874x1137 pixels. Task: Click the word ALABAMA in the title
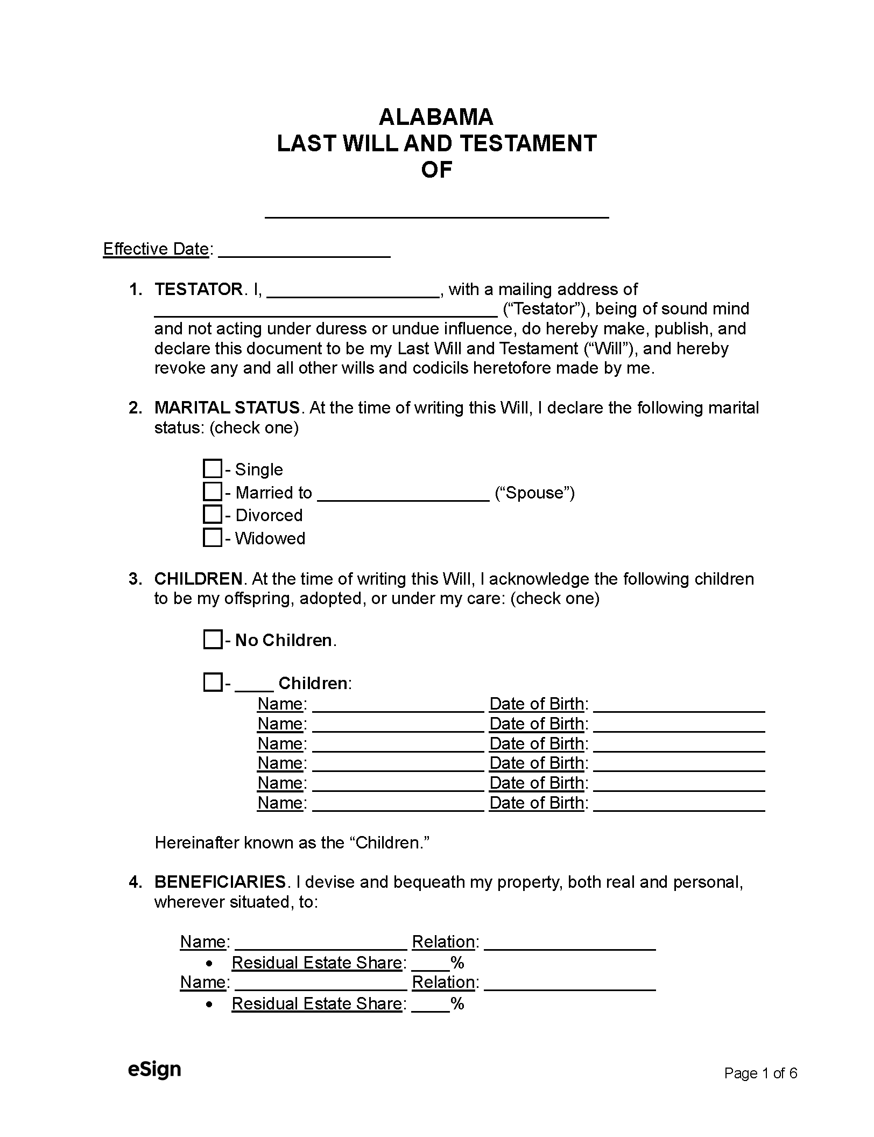click(436, 117)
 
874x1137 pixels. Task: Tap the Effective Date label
click(156, 249)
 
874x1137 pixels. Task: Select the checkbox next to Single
click(213, 468)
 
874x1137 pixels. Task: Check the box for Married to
click(213, 492)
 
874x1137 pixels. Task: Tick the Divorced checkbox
click(213, 515)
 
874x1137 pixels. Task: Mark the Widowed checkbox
click(213, 537)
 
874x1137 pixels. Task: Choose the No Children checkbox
click(213, 640)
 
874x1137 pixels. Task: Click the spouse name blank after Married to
click(403, 495)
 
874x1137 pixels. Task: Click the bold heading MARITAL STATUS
click(227, 408)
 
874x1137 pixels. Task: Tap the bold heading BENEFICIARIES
click(220, 882)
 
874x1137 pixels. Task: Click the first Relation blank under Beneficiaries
click(569, 944)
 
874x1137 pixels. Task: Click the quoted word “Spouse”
click(534, 493)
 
